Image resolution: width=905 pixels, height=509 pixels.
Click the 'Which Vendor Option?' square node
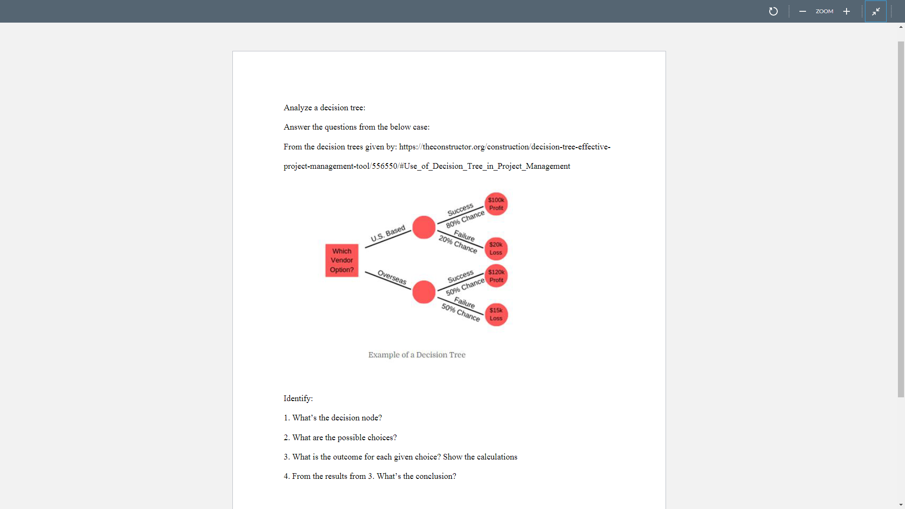click(x=342, y=260)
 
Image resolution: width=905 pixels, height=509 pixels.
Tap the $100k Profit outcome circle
click(x=496, y=204)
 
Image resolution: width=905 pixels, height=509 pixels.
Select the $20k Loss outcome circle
click(x=496, y=249)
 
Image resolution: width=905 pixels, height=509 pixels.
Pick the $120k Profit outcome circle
click(x=496, y=276)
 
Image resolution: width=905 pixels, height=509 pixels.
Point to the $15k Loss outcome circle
click(x=496, y=314)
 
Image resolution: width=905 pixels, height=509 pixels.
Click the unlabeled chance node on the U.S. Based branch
click(x=424, y=228)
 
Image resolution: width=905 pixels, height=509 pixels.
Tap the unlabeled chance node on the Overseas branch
click(x=424, y=292)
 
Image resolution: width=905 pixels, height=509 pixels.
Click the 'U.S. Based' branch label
click(x=388, y=233)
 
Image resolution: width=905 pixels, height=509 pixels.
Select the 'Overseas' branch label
click(x=392, y=278)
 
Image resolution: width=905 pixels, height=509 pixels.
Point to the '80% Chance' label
click(x=465, y=219)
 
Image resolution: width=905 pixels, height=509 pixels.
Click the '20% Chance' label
click(x=458, y=244)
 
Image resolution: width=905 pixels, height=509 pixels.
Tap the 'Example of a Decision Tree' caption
click(x=417, y=355)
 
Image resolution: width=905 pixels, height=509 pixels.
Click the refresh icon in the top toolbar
click(x=773, y=11)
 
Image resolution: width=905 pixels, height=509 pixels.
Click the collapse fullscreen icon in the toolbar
click(x=876, y=11)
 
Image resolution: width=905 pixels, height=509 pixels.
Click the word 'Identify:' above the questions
click(x=298, y=399)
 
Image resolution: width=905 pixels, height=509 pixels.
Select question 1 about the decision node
click(x=333, y=418)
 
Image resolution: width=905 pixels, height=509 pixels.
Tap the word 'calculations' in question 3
click(x=497, y=457)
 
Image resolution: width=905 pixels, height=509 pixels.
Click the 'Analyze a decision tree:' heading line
click(x=324, y=108)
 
